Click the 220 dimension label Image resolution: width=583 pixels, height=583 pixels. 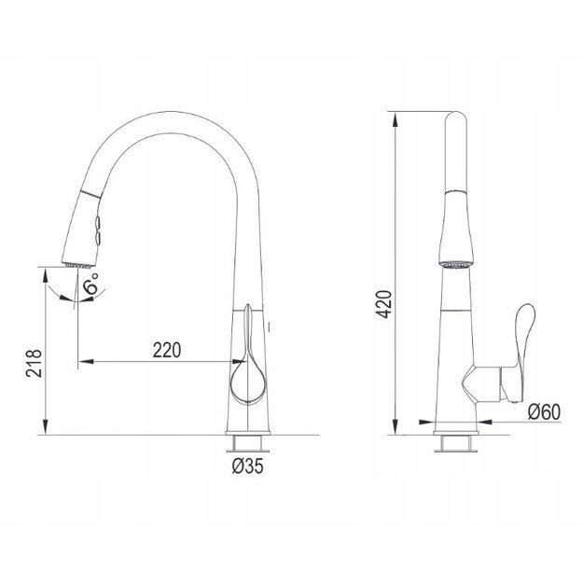click(167, 350)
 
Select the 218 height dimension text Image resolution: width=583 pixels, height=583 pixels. click(34, 363)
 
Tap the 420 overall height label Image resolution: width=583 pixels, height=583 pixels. click(384, 304)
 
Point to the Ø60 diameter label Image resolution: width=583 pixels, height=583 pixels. click(544, 412)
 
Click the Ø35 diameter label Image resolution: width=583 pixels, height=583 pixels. click(247, 465)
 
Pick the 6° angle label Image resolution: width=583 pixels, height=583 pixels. click(90, 285)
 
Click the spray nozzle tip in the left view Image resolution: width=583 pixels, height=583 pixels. click(78, 265)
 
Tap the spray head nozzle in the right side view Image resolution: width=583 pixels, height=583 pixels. click(456, 265)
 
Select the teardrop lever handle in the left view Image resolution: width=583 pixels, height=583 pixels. click(247, 372)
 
